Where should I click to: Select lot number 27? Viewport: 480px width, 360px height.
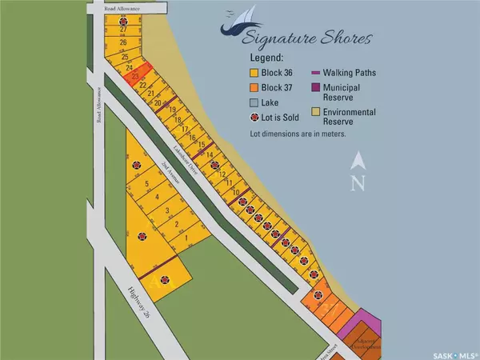[123, 29]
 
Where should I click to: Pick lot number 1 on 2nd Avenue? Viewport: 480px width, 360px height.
[186, 238]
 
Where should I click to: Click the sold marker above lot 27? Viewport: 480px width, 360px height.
[122, 19]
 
